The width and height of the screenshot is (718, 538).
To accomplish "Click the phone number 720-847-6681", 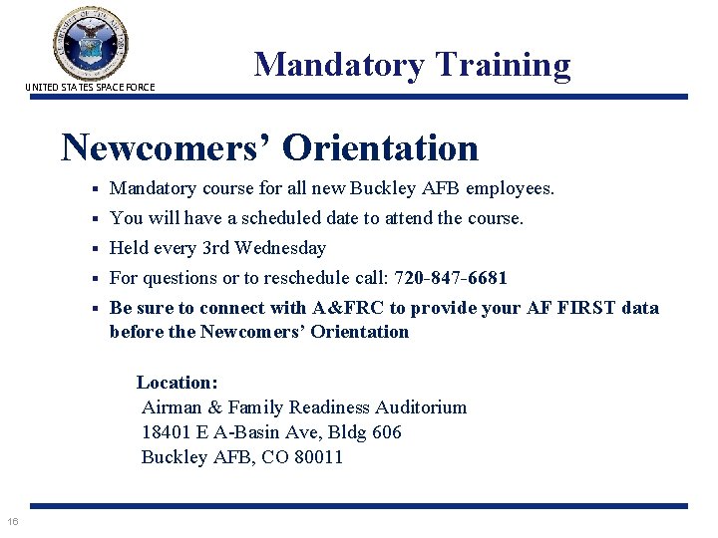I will [x=451, y=278].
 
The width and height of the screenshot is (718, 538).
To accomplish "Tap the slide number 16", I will [x=12, y=521].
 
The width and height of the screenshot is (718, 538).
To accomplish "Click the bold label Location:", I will [x=178, y=383].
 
